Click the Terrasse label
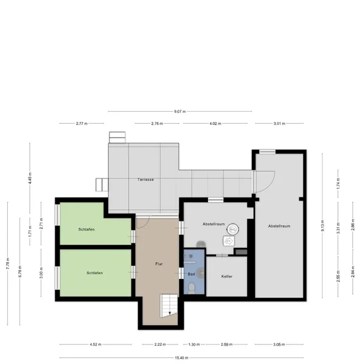145,180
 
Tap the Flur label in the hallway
159,264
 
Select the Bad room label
191,274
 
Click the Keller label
226,276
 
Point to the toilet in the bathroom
192,288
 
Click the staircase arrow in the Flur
170,313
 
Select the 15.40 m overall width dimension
182,358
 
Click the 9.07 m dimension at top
180,112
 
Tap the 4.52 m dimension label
95,344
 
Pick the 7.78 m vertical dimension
8,263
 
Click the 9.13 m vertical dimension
322,226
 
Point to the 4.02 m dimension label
216,124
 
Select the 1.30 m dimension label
194,344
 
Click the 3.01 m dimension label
279,124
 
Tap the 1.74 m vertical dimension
338,183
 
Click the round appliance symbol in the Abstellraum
233,229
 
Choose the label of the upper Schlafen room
86,229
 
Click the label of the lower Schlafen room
95,273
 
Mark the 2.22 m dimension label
160,344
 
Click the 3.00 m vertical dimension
41,272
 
